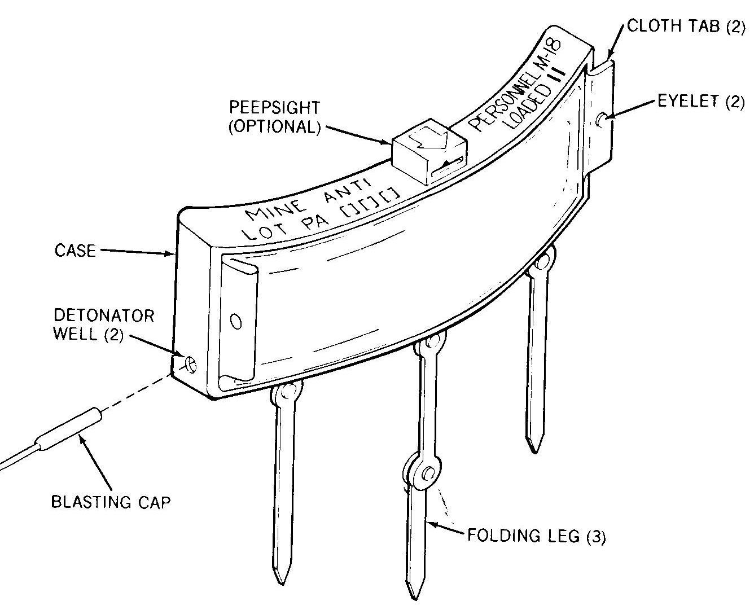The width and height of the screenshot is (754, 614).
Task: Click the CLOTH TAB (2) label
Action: point(686,27)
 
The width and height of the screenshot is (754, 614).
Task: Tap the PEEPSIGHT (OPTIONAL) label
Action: point(274,117)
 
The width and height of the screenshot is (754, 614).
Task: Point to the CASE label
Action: point(75,250)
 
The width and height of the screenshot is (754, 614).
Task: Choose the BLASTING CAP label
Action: point(111,502)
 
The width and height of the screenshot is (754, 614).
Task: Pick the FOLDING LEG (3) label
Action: point(536,536)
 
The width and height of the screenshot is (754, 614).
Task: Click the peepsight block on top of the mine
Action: point(429,150)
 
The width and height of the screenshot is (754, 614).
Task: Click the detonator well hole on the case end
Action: point(191,364)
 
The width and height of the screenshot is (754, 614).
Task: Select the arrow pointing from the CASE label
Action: point(135,252)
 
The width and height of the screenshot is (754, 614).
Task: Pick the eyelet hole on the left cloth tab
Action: point(235,322)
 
